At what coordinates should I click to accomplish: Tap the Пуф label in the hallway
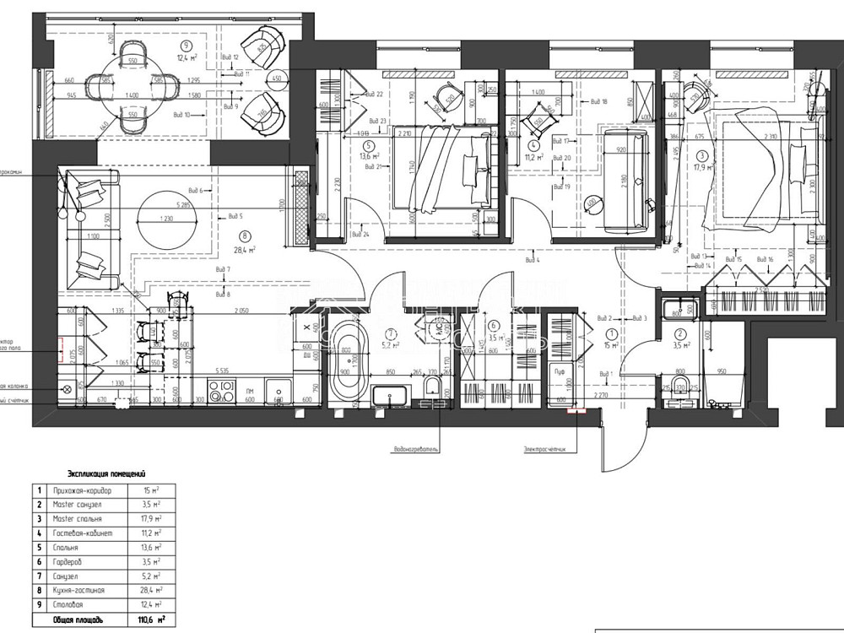(559, 371)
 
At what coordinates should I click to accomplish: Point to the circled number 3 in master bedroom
(702, 155)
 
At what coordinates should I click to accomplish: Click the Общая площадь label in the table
(80, 619)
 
